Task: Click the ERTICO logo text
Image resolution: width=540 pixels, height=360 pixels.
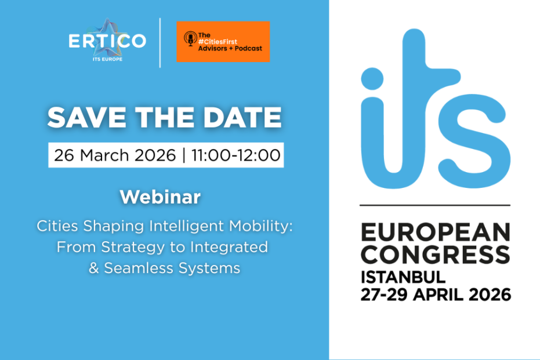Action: [x=107, y=41]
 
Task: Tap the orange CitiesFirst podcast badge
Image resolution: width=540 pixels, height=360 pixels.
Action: [x=223, y=42]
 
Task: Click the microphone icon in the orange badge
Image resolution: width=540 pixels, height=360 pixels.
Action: [x=190, y=38]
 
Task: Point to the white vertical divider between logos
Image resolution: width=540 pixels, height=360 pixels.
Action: [x=160, y=43]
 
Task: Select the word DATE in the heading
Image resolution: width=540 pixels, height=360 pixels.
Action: [x=242, y=117]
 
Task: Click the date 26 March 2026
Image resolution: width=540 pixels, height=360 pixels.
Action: [x=115, y=155]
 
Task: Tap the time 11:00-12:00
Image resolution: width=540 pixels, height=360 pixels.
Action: [x=236, y=155]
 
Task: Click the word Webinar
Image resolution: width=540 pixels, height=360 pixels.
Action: [x=160, y=197]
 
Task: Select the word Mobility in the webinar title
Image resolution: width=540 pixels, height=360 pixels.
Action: [x=260, y=226]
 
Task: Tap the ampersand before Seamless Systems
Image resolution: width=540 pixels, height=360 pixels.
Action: [x=94, y=268]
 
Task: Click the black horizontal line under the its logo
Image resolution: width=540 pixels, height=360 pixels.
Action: [x=435, y=205]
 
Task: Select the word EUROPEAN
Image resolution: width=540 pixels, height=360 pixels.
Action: [x=435, y=232]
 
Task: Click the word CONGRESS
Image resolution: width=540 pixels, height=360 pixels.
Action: [x=435, y=254]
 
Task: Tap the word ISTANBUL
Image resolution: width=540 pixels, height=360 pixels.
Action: [x=403, y=277]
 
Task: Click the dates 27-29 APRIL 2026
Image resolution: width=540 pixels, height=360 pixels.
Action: [x=436, y=295]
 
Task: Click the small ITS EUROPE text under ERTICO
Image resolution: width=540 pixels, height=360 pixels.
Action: [x=107, y=59]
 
